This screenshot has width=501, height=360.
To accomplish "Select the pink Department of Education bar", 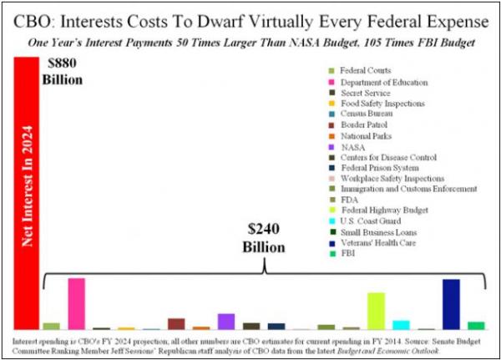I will tap(76, 304).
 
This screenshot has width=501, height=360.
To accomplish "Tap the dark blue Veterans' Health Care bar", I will tap(451, 305).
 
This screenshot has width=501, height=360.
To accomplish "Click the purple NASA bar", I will tap(225, 322).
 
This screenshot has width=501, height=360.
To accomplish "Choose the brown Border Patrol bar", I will tap(176, 324).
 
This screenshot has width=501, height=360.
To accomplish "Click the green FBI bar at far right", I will tap(476, 326).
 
